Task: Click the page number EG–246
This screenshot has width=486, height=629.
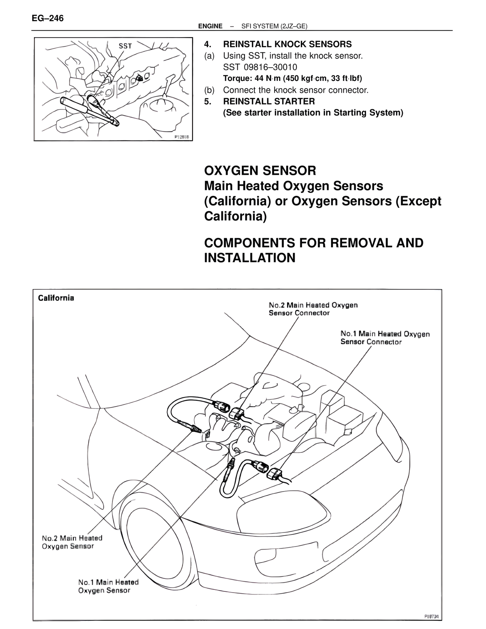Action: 48,18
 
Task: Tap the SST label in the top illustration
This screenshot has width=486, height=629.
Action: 125,46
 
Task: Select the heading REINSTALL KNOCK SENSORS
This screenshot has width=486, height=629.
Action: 287,44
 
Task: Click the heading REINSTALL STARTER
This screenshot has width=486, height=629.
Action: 269,101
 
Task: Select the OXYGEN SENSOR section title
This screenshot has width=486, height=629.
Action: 260,171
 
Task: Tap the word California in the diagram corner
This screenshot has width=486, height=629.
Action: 56,298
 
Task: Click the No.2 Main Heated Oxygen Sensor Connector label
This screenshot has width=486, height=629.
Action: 313,309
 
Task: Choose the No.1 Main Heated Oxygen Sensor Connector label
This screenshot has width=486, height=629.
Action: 385,338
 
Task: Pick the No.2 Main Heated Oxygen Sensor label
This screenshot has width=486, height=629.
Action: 72,542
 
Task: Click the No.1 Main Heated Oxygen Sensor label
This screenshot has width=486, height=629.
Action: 108,586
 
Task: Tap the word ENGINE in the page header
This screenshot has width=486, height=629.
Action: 210,26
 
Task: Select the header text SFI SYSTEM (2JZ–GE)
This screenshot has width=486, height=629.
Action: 274,26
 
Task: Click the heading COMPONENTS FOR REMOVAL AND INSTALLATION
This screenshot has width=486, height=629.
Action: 314,250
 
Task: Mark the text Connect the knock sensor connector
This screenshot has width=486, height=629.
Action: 295,90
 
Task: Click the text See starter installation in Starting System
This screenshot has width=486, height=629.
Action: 313,113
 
